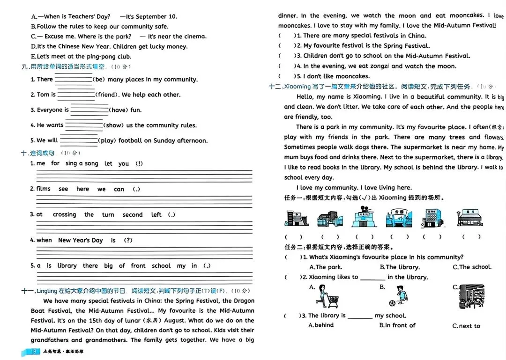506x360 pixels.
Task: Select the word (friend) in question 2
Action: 107,95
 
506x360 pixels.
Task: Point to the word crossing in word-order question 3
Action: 64,215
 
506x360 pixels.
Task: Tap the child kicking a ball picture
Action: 399,296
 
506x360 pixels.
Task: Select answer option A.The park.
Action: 326,267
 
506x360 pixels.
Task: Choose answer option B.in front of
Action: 397,325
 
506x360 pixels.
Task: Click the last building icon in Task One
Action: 470,218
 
